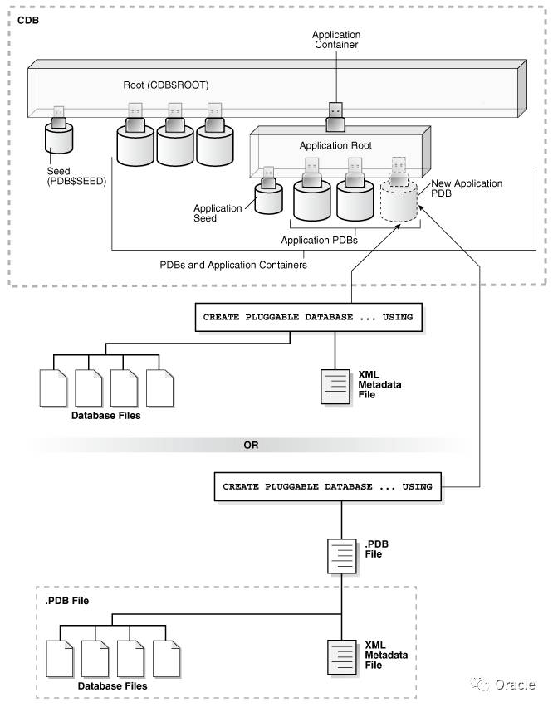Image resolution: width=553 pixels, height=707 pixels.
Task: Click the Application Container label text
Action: point(335,39)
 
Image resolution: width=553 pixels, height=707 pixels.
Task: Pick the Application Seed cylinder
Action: point(268,198)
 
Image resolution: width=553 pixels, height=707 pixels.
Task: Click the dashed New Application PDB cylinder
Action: point(399,202)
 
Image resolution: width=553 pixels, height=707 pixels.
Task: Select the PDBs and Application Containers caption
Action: point(233,265)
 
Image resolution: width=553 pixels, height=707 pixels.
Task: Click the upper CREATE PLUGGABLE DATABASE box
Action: point(308,317)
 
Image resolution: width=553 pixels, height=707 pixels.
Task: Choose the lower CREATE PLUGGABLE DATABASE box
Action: point(329,485)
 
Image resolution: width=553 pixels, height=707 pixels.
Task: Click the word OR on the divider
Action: point(251,446)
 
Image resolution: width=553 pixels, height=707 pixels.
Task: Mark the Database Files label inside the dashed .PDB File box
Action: point(113,686)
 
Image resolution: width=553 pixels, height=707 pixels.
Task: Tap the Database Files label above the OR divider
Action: point(106,415)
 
